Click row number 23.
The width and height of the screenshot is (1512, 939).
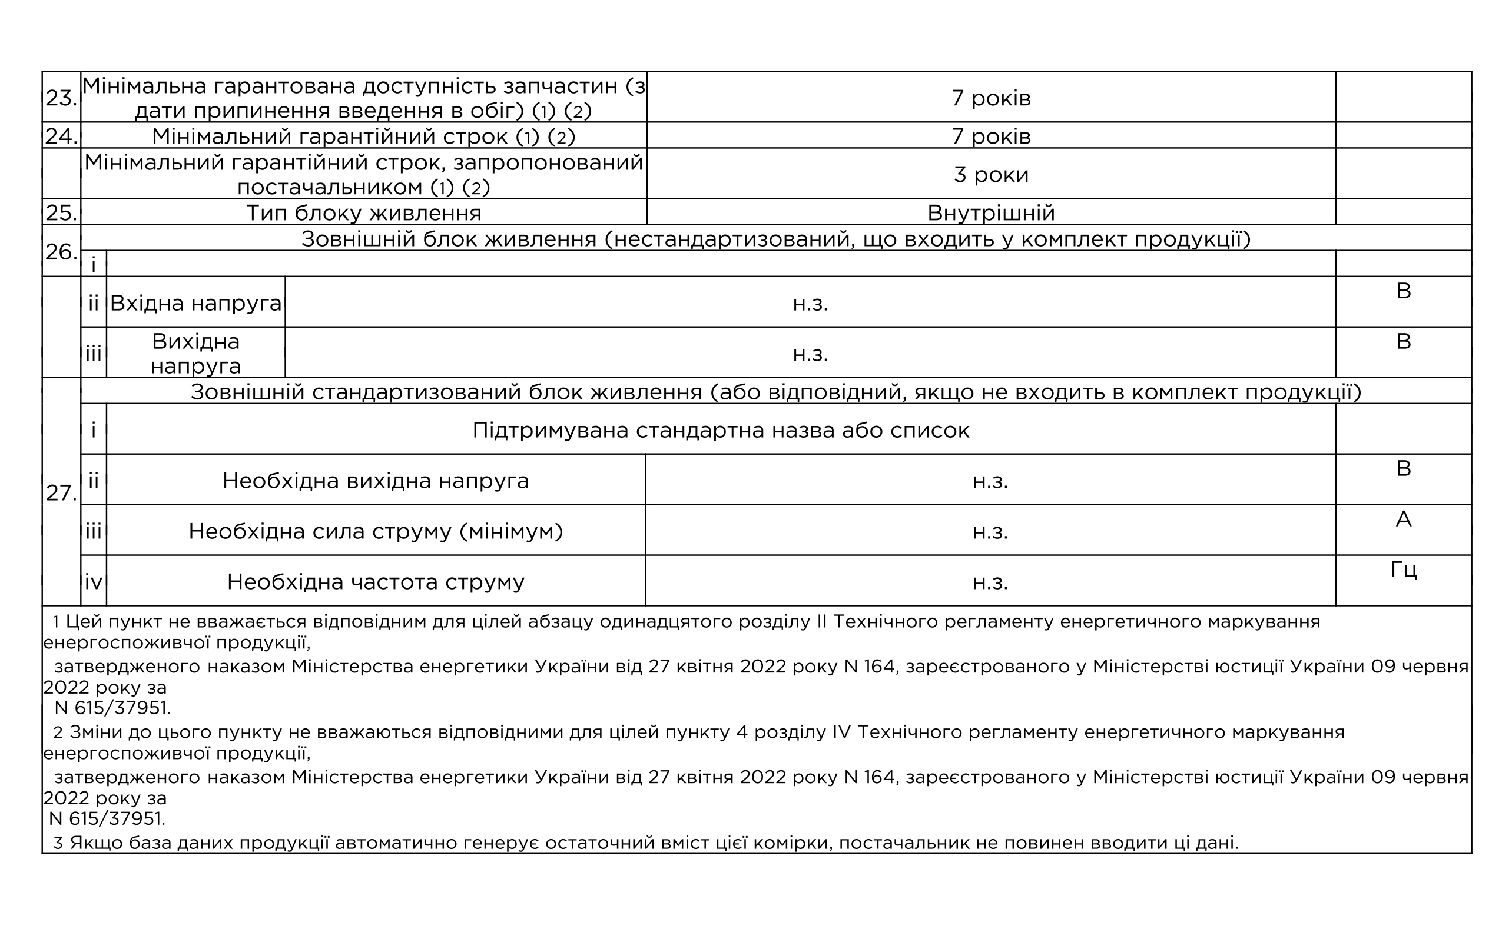point(61,98)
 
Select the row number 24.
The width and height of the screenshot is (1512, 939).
point(61,136)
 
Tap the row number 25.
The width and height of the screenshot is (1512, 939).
point(61,213)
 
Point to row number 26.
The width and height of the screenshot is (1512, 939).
point(61,252)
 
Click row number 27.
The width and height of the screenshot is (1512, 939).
point(61,493)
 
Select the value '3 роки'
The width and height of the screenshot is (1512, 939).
point(992,175)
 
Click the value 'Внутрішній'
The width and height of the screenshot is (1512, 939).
point(992,213)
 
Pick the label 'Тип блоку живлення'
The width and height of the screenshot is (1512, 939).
point(363,213)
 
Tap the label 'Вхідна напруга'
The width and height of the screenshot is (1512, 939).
point(195,303)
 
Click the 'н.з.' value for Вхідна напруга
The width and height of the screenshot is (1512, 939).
point(810,304)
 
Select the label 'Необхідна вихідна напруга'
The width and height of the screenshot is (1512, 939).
point(376,481)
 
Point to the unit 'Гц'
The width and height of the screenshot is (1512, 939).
point(1403,570)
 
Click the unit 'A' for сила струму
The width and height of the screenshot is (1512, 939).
point(1403,519)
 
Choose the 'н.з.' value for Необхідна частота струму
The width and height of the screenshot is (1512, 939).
point(990,582)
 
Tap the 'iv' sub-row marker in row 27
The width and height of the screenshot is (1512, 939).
point(93,582)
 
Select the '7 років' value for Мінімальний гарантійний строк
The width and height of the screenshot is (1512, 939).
point(992,136)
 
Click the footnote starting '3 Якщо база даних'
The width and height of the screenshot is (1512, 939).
point(646,843)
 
